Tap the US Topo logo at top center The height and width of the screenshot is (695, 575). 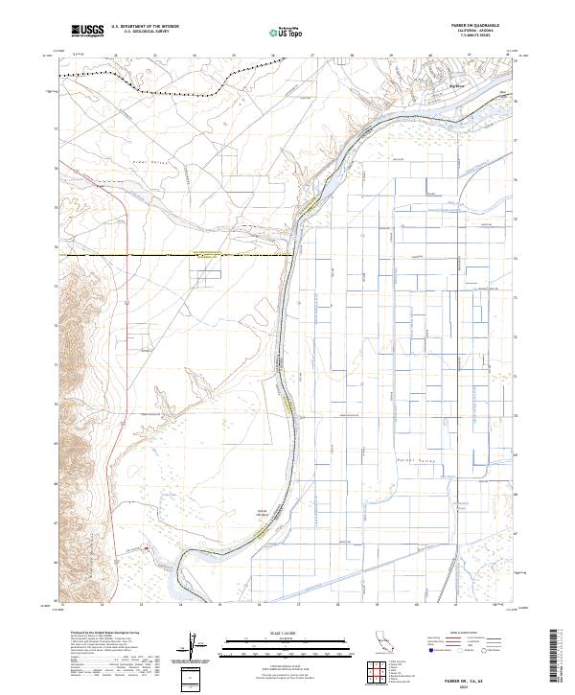(287, 32)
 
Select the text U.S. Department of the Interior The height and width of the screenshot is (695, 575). (145, 27)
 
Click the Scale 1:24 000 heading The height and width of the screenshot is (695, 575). (287, 634)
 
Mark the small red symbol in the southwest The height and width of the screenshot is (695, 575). (147, 548)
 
